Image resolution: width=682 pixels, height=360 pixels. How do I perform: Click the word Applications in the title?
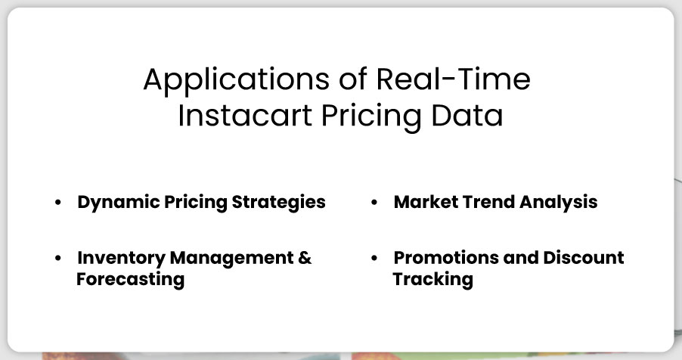point(236,80)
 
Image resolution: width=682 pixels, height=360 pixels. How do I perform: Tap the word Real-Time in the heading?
point(453,79)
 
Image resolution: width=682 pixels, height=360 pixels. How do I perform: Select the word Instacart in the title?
point(245,116)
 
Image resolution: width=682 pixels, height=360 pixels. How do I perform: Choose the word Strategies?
point(278,203)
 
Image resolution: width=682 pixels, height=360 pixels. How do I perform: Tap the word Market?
point(426,202)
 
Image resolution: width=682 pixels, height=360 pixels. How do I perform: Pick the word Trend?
point(488,202)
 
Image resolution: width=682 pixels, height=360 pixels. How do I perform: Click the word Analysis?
point(559,203)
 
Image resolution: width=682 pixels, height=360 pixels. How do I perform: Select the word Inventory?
point(121,258)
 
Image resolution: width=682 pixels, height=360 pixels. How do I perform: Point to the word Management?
point(231,258)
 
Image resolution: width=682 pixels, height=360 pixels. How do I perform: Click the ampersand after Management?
point(305,258)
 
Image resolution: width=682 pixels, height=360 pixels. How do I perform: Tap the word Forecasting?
point(131,280)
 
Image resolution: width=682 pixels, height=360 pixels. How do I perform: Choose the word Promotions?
point(446,258)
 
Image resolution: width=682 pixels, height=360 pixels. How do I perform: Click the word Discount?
point(584,258)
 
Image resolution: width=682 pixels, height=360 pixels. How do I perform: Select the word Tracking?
point(432,280)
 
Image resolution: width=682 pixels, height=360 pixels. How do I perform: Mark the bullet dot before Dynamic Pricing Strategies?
point(58,203)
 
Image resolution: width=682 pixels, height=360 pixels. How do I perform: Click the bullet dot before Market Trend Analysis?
point(374,203)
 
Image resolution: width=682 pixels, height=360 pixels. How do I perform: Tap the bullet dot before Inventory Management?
point(58,258)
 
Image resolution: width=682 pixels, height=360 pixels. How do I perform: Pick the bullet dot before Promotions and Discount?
point(374,258)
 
